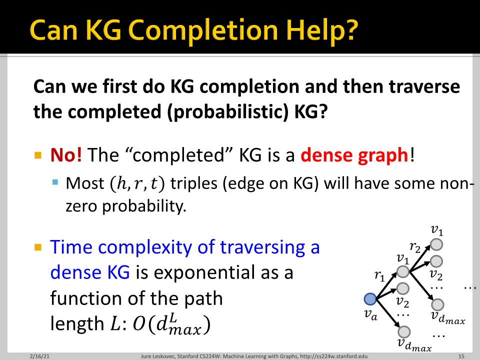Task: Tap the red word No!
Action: click(66, 154)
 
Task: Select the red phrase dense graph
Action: click(354, 155)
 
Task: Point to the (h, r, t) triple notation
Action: click(137, 183)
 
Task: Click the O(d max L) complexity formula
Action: click(171, 324)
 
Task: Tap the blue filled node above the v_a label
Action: click(370, 299)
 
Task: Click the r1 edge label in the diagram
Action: click(379, 276)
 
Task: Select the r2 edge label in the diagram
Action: click(415, 247)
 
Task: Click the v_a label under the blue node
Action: click(370, 314)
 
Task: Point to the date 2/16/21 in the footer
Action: click(39, 356)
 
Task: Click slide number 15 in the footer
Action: click(461, 356)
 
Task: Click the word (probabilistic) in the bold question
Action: click(228, 111)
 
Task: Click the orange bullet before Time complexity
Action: click(38, 247)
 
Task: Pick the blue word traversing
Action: click(262, 247)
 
